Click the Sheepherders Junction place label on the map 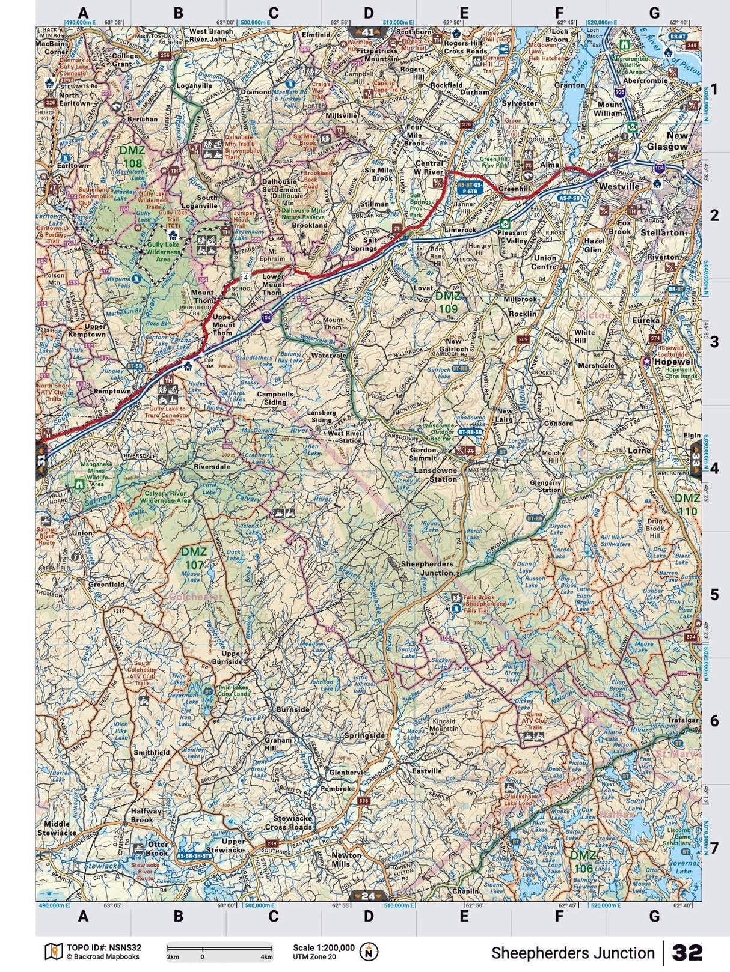pos(427,568)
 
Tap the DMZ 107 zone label pos(194,558)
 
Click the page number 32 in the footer pos(687,953)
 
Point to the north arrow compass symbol pos(369,952)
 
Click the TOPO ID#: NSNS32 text pos(102,947)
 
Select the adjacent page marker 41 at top pos(368,31)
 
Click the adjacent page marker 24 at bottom pos(368,896)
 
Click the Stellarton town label pos(663,232)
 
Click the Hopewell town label pos(674,362)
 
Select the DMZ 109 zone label pos(447,303)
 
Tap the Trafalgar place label pos(682,720)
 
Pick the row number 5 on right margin pos(714,595)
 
